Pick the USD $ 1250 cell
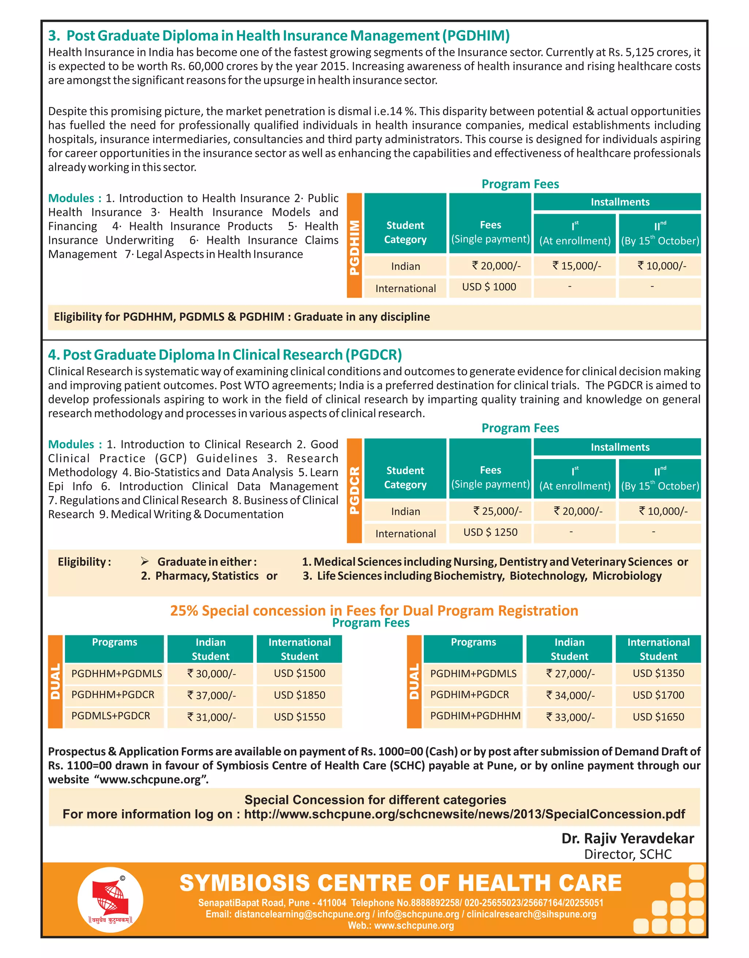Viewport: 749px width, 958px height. click(x=490, y=532)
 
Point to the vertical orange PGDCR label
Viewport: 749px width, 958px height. click(x=354, y=491)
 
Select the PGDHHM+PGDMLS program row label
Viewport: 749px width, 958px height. click(x=116, y=674)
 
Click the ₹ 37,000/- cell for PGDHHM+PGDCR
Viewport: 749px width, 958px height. click(x=211, y=696)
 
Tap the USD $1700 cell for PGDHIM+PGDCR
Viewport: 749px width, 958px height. click(x=658, y=695)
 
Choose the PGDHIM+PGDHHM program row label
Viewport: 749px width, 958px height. click(x=475, y=716)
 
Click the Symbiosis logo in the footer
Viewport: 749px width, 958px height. click(x=110, y=900)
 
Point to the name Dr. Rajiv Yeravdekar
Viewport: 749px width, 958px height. click(x=628, y=839)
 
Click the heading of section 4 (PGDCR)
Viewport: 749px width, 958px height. click(x=225, y=355)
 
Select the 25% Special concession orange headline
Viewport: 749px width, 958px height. click(x=374, y=611)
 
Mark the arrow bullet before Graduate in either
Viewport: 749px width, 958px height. click(x=145, y=561)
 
